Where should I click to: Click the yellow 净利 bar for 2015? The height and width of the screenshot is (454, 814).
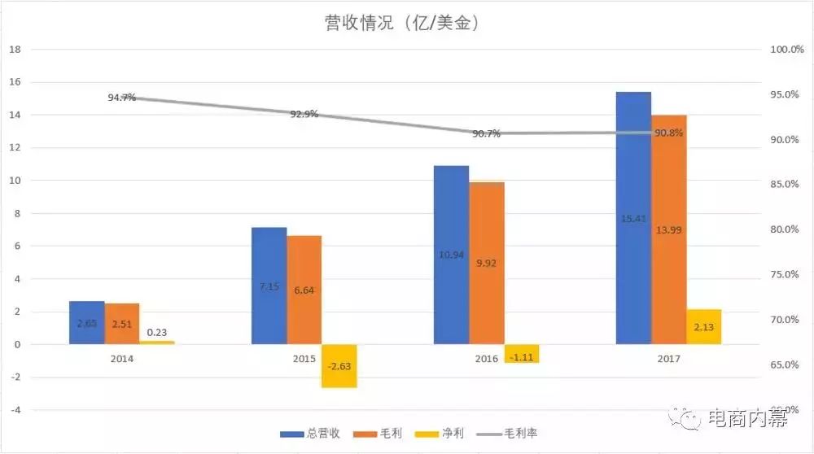(339, 365)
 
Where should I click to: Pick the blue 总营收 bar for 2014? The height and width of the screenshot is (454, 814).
(87, 323)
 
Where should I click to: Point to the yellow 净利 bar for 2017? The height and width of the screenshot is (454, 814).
(704, 327)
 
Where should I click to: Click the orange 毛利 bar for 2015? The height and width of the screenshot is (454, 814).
(304, 290)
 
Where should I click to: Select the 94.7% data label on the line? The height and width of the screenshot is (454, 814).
(121, 98)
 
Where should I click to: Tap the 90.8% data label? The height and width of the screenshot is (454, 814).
(668, 133)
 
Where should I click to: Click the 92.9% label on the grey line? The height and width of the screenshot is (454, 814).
(304, 114)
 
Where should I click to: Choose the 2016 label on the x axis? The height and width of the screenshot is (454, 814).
(486, 358)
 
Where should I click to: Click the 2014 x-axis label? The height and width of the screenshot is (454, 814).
(122, 358)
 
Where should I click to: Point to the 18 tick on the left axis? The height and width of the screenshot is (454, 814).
(14, 50)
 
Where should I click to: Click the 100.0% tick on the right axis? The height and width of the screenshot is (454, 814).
(786, 50)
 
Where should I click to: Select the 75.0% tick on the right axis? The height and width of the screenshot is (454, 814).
(786, 275)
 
